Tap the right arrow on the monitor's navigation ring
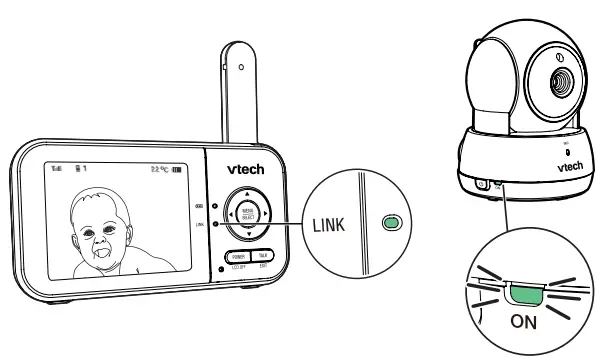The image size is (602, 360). point(260,212)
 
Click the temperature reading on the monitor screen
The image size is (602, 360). point(157,172)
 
